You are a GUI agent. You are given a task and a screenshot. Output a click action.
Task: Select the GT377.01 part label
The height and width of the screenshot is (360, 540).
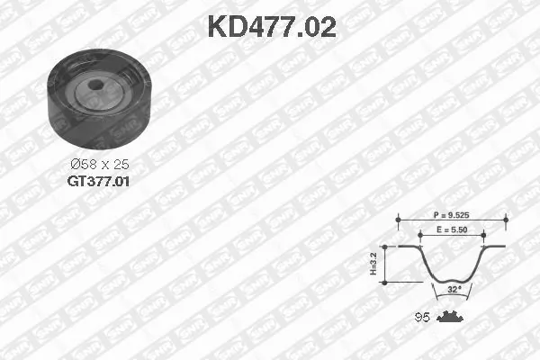(100, 180)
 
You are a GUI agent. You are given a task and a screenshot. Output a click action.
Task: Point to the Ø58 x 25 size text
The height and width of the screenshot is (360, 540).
(100, 165)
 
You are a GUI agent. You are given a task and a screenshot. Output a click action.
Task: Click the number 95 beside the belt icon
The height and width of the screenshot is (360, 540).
(420, 316)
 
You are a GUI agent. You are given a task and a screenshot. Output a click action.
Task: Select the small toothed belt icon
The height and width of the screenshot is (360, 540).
(447, 316)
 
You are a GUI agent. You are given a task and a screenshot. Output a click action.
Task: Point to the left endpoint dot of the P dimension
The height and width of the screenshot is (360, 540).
(396, 217)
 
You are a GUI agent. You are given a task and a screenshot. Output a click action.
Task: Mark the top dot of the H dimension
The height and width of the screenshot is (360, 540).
(385, 246)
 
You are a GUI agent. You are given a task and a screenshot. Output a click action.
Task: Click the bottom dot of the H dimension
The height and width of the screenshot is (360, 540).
(385, 282)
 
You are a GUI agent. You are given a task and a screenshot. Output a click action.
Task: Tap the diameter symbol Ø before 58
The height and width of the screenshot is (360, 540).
(76, 165)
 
